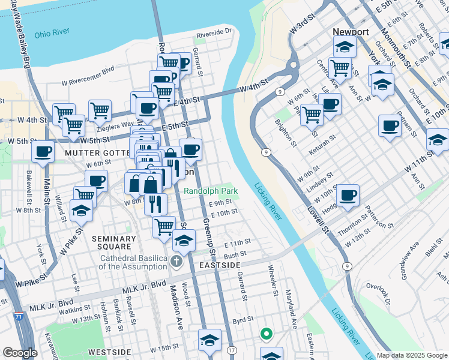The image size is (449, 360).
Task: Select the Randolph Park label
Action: pos(211,191)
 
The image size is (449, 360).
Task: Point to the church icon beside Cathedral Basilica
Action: pos(176,261)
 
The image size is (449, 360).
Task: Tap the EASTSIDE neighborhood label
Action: pos(220,265)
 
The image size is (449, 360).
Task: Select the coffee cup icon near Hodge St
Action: pos(348,194)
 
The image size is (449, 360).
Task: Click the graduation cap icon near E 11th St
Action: pos(184,240)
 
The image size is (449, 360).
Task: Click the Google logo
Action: pos(20,353)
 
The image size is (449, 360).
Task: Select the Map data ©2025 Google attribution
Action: pos(411,355)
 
